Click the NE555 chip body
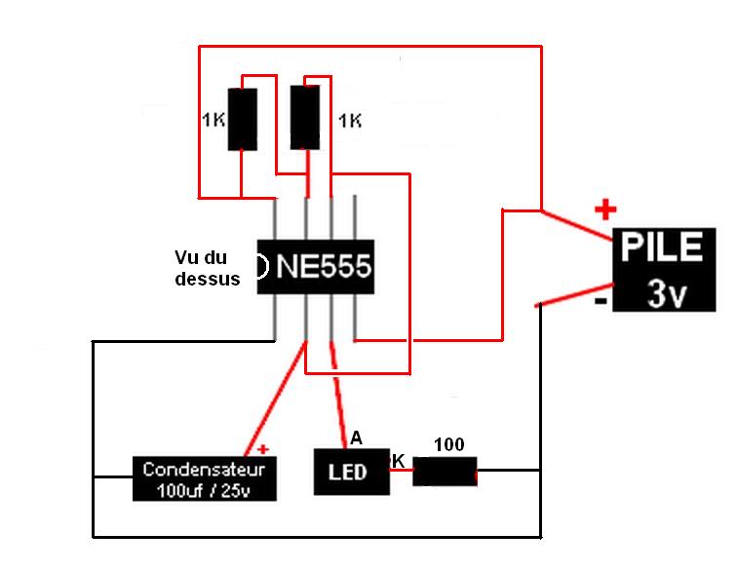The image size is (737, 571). pyautogui.click(x=315, y=266)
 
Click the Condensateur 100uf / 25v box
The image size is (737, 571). pyautogui.click(x=204, y=477)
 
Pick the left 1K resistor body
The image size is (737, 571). pyautogui.click(x=243, y=119)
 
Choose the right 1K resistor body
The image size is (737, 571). pyautogui.click(x=305, y=117)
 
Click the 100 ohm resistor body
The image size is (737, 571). pyautogui.click(x=446, y=472)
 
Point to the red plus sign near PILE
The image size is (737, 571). pyautogui.click(x=606, y=209)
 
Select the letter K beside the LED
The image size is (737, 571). pyautogui.click(x=398, y=458)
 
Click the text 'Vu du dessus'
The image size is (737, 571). pyautogui.click(x=207, y=268)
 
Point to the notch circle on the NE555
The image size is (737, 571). pyautogui.click(x=260, y=266)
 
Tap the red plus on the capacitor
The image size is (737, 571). pyautogui.click(x=262, y=450)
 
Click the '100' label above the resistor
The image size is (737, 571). pyautogui.click(x=448, y=445)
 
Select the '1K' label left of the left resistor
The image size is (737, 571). pyautogui.click(x=213, y=122)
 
